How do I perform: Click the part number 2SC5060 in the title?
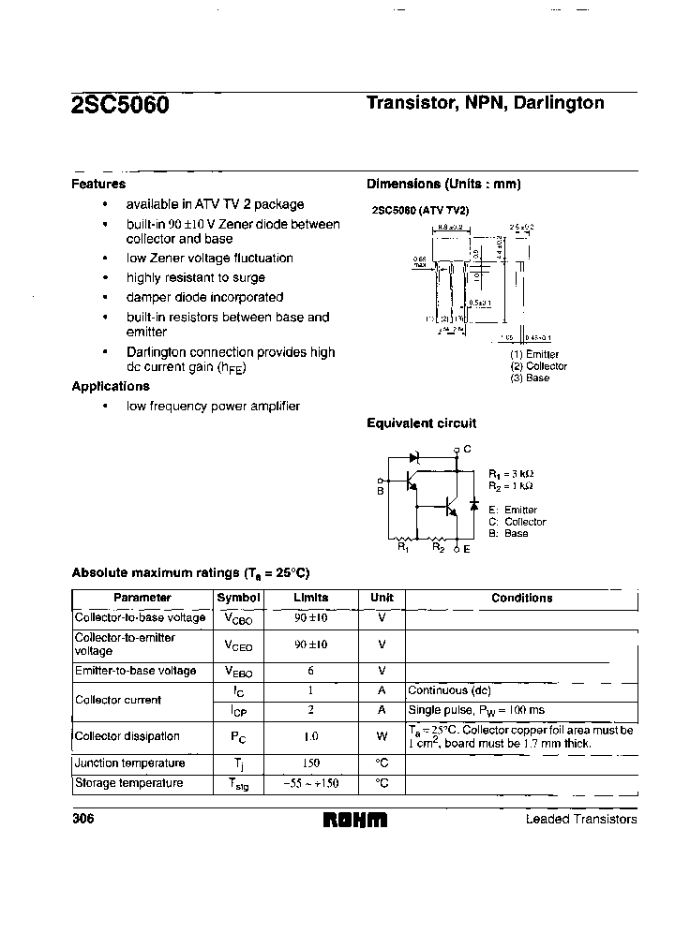click(120, 106)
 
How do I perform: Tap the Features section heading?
click(98, 185)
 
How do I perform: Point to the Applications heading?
click(111, 386)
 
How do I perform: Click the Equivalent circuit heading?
click(421, 423)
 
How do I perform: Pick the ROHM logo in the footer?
click(355, 820)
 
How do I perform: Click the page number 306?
click(83, 819)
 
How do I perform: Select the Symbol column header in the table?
click(239, 598)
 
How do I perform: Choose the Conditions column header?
click(521, 598)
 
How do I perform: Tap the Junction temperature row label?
click(129, 763)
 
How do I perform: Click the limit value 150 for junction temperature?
click(310, 763)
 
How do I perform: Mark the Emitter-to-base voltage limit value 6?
click(310, 672)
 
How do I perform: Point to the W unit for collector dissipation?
click(382, 737)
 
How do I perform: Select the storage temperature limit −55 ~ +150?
click(310, 783)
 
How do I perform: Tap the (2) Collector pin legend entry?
click(539, 366)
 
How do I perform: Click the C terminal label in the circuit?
click(466, 450)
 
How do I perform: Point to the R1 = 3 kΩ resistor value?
click(511, 474)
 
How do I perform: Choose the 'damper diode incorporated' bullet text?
click(204, 297)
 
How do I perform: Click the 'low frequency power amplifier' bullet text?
click(214, 406)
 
